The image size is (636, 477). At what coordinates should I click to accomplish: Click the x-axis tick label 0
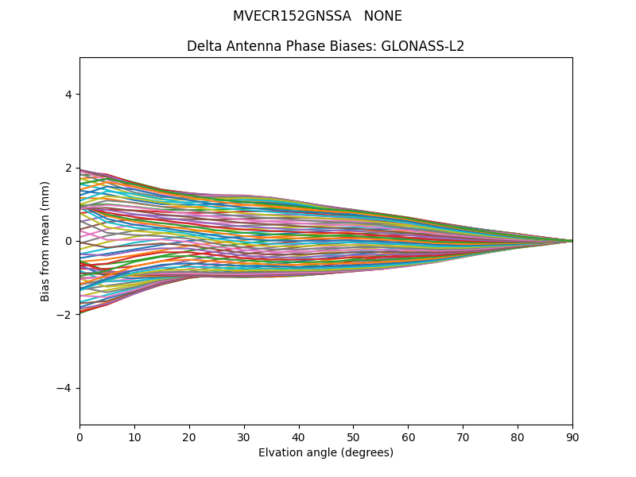click(79, 436)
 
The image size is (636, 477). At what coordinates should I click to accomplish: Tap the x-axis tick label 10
click(134, 436)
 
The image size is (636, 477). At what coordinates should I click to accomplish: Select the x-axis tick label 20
click(189, 436)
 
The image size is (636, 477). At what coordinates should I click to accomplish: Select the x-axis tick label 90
click(572, 436)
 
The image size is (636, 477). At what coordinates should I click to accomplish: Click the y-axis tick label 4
click(68, 95)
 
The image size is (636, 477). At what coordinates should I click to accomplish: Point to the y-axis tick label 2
click(68, 168)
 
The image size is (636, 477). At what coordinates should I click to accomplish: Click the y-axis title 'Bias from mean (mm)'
click(46, 241)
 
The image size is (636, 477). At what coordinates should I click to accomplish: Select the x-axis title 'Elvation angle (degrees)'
click(326, 453)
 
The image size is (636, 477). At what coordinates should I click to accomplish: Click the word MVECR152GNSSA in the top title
click(292, 16)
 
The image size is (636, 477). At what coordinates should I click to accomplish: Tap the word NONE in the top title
click(383, 16)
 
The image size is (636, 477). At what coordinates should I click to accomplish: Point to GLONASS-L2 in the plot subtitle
click(423, 46)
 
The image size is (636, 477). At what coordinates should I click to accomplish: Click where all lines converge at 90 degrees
click(572, 241)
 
